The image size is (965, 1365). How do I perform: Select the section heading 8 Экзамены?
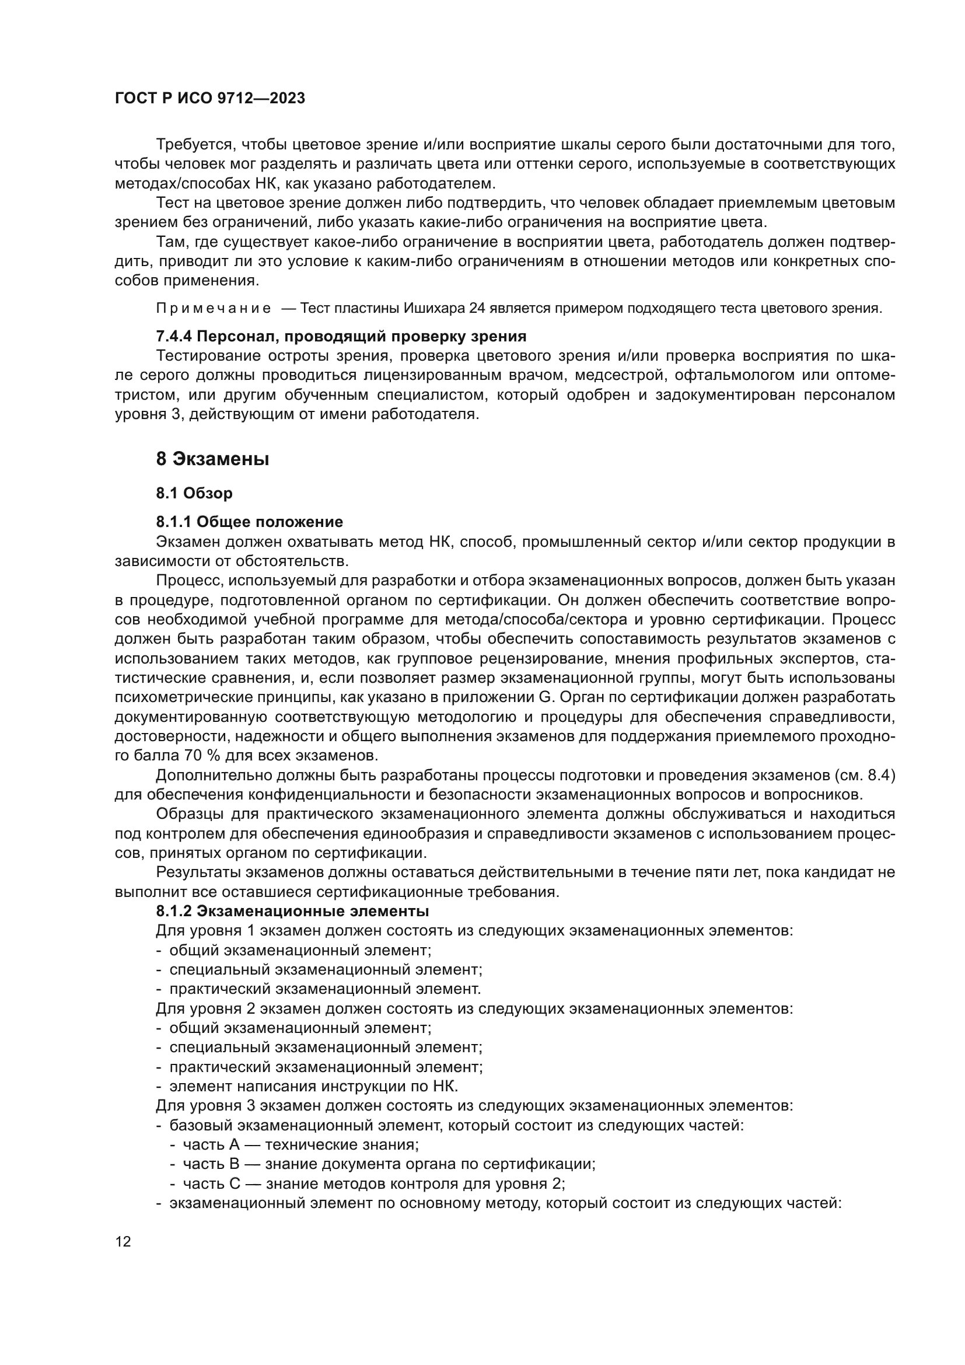click(212, 459)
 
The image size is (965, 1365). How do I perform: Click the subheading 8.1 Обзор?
click(194, 493)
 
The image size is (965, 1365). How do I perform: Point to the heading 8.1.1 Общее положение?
click(249, 522)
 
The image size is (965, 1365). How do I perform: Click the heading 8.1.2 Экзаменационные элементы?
click(292, 911)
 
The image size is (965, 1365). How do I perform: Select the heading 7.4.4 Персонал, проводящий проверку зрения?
click(341, 337)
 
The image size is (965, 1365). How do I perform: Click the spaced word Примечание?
click(214, 309)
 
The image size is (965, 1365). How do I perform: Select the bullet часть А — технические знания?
click(300, 1144)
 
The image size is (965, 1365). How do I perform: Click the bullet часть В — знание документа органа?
click(389, 1164)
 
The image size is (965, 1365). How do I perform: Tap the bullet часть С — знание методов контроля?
click(374, 1184)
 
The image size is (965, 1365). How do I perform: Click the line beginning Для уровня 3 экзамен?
click(474, 1106)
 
